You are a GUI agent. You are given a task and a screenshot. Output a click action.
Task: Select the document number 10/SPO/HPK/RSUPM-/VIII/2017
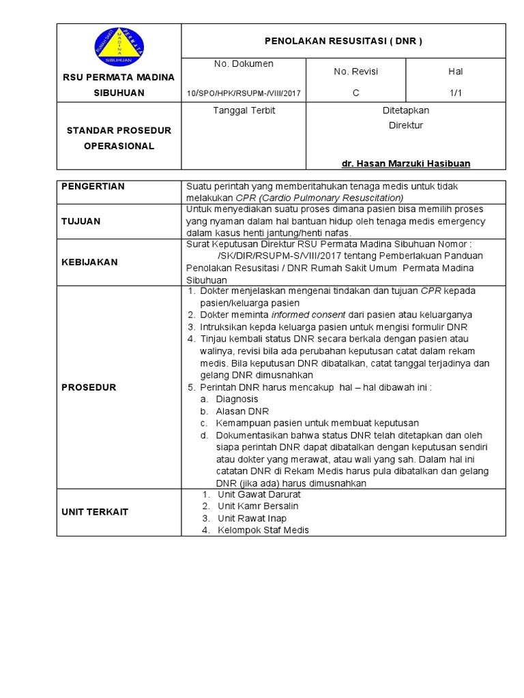pyautogui.click(x=243, y=93)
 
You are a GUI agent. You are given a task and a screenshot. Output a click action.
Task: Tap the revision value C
pyautogui.click(x=355, y=93)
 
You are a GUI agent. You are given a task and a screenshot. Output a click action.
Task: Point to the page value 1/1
pyautogui.click(x=455, y=93)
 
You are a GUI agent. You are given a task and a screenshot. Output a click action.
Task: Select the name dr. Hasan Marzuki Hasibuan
pyautogui.click(x=406, y=164)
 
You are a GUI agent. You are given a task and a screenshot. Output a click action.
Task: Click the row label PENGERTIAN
pyautogui.click(x=93, y=186)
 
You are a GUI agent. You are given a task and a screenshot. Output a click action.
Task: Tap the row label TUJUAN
pyautogui.click(x=81, y=221)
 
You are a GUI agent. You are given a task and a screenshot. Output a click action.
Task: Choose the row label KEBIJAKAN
pyautogui.click(x=89, y=262)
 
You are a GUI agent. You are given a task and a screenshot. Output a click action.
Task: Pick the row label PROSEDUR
pyautogui.click(x=89, y=387)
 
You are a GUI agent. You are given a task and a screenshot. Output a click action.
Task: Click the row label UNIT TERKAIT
pyautogui.click(x=95, y=511)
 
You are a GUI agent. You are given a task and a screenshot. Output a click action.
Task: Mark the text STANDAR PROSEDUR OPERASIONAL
pyautogui.click(x=119, y=138)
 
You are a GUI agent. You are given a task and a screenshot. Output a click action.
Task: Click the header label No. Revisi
pyautogui.click(x=355, y=72)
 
